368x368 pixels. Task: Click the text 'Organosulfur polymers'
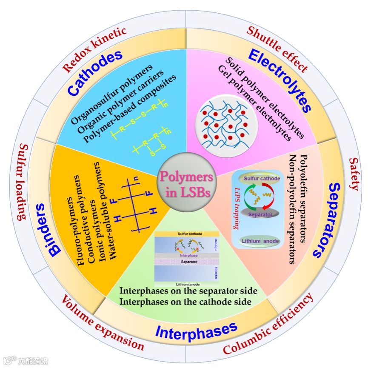(x=111, y=96)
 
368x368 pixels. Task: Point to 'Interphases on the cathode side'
(x=185, y=302)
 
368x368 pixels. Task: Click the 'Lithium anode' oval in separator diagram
(x=260, y=241)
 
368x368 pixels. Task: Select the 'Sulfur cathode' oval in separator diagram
(x=260, y=179)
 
